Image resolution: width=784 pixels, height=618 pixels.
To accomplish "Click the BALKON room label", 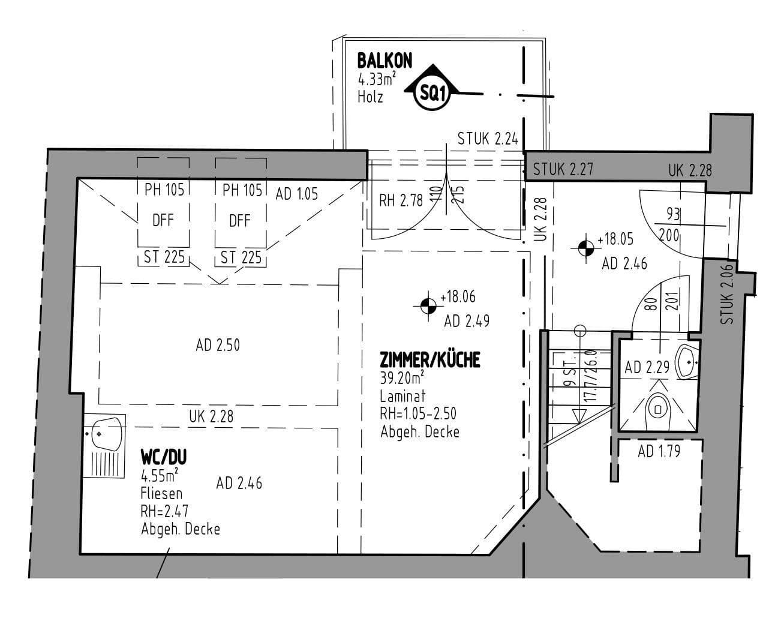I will pyautogui.click(x=385, y=61).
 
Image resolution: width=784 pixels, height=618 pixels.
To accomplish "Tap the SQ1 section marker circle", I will pyautogui.click(x=431, y=93).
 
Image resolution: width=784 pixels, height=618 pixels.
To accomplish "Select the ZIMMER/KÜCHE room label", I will pyautogui.click(x=430, y=359).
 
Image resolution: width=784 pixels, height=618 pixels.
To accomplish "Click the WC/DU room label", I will pyautogui.click(x=163, y=457).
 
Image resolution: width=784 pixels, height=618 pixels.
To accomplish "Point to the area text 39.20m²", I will pyautogui.click(x=402, y=377).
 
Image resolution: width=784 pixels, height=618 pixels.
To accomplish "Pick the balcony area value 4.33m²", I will pyautogui.click(x=376, y=79).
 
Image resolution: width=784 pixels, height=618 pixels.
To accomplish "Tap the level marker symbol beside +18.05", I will pyautogui.click(x=585, y=247).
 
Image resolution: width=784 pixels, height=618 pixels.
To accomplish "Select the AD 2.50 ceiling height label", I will pyautogui.click(x=217, y=346).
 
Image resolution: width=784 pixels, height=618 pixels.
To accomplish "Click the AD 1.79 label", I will pyautogui.click(x=659, y=451).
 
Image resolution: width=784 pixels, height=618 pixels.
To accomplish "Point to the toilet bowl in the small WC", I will pyautogui.click(x=658, y=409).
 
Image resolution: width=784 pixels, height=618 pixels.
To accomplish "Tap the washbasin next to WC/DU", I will pyautogui.click(x=108, y=433).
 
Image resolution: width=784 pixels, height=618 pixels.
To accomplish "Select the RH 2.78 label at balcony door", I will pyautogui.click(x=401, y=200).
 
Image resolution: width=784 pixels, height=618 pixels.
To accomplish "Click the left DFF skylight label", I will pyautogui.click(x=163, y=220).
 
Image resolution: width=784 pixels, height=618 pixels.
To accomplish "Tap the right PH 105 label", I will pyautogui.click(x=242, y=190).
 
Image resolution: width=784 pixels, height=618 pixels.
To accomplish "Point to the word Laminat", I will pyautogui.click(x=402, y=396).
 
